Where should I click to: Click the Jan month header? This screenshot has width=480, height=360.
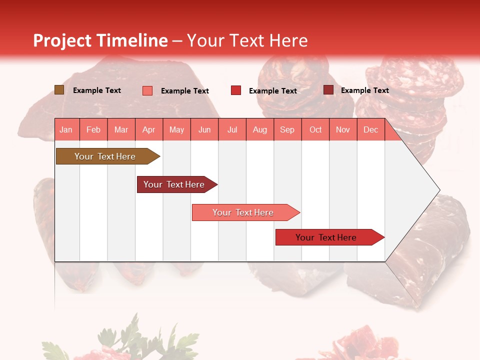(x=66, y=130)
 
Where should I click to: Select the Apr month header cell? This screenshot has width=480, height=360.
(x=148, y=130)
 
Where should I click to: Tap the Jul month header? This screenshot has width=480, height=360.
(x=232, y=130)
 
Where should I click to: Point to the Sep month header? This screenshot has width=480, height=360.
(x=287, y=130)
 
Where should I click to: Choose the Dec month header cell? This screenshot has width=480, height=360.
(x=370, y=130)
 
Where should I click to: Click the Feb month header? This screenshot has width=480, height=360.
(x=93, y=130)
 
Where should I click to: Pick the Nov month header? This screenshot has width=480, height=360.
(x=343, y=130)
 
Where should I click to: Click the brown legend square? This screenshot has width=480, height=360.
(x=59, y=90)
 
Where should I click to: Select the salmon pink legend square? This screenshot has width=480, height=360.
(x=147, y=90)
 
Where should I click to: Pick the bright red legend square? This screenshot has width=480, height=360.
(x=236, y=90)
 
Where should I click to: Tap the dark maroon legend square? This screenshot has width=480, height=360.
(x=328, y=90)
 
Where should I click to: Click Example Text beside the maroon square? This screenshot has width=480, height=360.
(x=364, y=90)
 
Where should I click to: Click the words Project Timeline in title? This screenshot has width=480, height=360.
(x=100, y=40)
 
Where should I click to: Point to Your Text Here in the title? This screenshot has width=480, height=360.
(x=247, y=40)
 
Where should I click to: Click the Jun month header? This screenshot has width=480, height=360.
(x=204, y=130)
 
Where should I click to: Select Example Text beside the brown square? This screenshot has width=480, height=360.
(x=96, y=90)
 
